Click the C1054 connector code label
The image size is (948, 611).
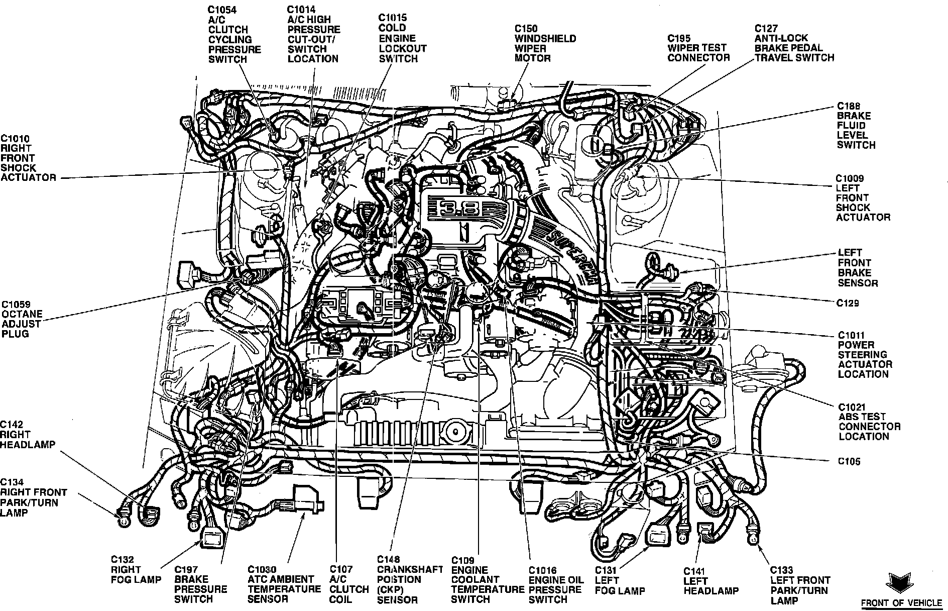(222, 10)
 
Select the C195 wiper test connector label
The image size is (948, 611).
(698, 48)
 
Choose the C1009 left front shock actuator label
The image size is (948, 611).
(863, 197)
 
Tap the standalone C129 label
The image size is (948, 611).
(848, 303)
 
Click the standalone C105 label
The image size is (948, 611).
(848, 461)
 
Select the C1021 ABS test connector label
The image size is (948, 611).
(869, 421)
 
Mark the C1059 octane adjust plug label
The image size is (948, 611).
(22, 319)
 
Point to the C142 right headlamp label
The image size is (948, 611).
(28, 435)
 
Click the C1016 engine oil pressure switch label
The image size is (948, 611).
(556, 584)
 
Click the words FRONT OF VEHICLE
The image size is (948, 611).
(902, 602)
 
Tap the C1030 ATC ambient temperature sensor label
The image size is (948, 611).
(284, 584)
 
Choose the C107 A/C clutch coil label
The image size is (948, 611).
(349, 584)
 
